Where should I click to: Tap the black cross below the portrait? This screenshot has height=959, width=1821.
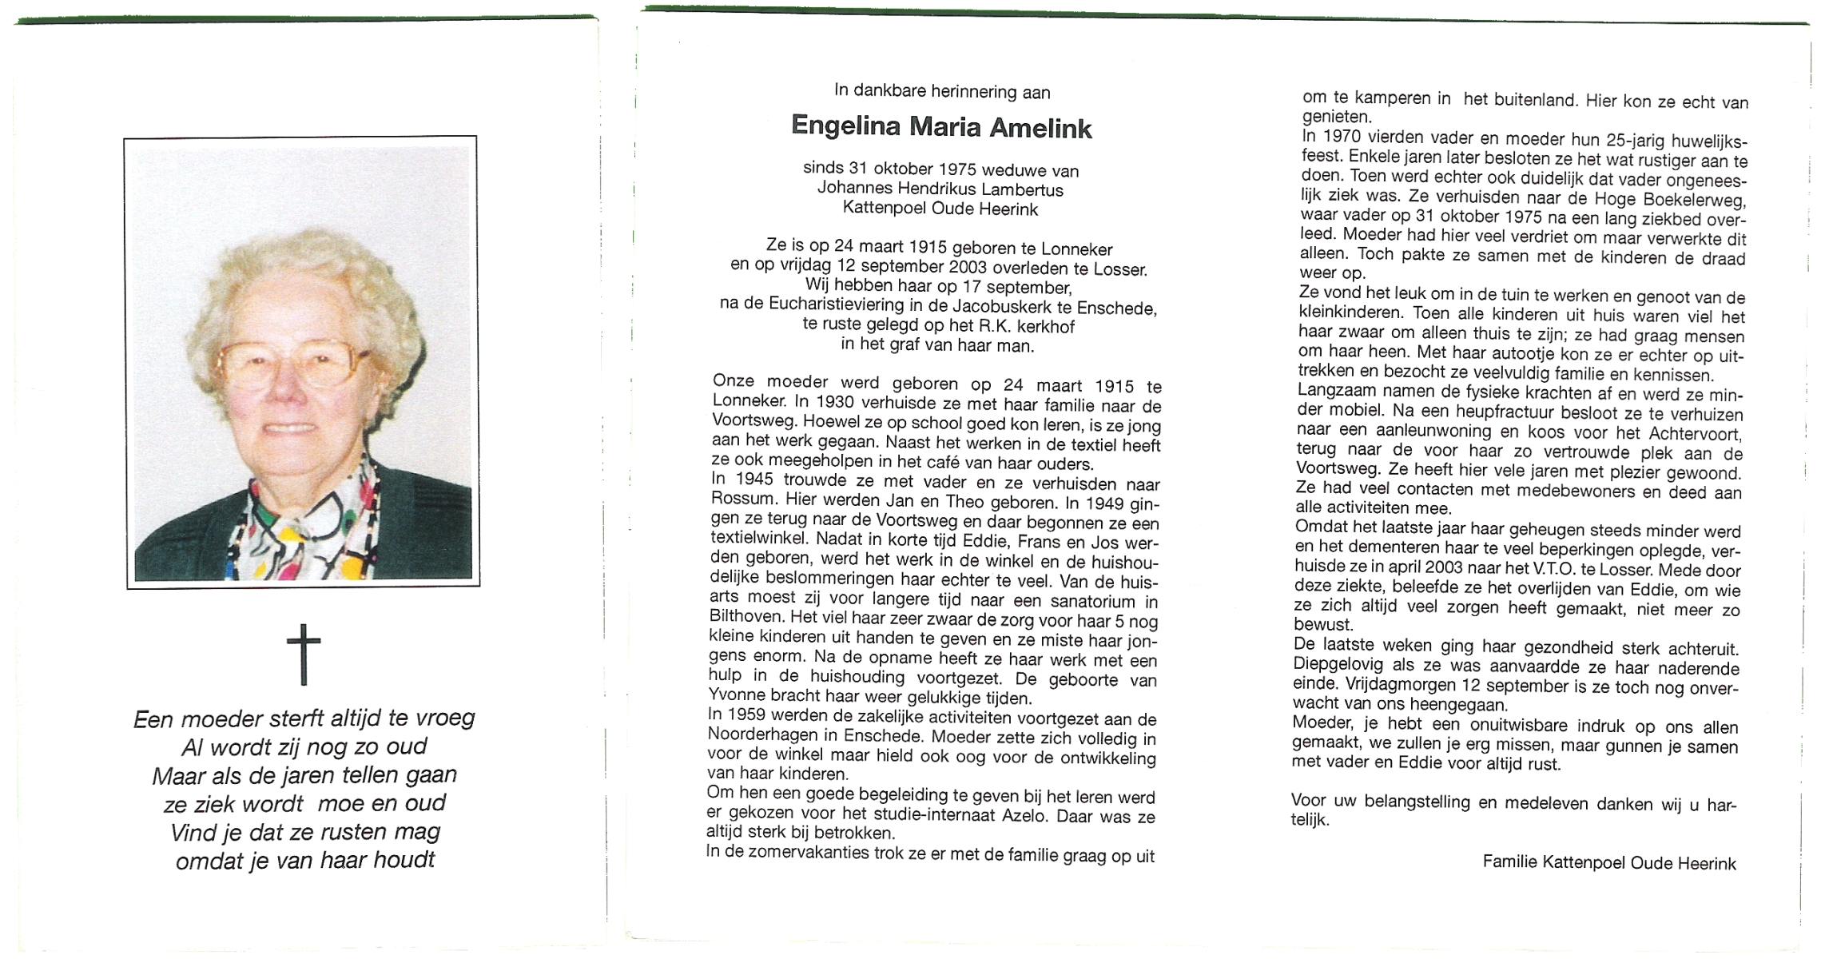pos(304,655)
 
